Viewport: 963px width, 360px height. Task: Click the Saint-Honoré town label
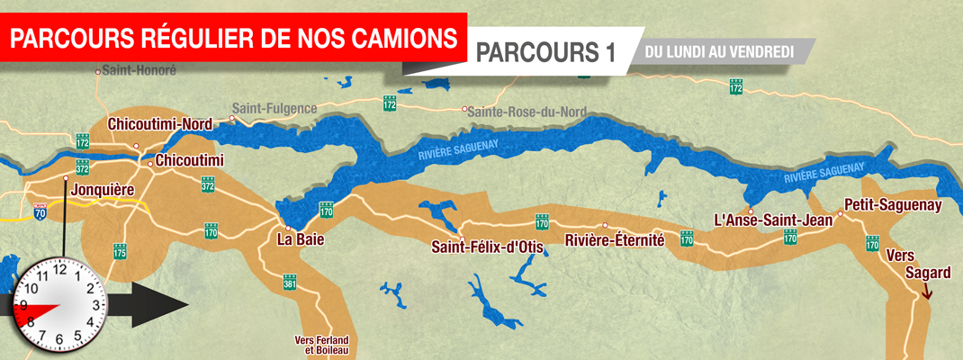click(139, 69)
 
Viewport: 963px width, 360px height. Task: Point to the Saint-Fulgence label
click(274, 109)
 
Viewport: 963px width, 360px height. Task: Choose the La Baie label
click(301, 240)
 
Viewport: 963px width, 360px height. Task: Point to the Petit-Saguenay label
click(893, 205)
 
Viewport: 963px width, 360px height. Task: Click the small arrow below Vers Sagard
click(928, 290)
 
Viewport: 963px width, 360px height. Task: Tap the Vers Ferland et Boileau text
click(321, 345)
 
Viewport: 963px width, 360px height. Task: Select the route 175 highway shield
click(120, 250)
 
